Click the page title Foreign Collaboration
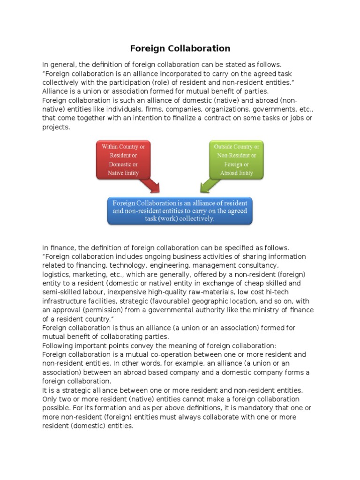tap(180, 48)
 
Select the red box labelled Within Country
tap(123, 160)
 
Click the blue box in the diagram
tap(180, 210)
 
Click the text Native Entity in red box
tap(123, 173)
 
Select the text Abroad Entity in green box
tap(236, 173)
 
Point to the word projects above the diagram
tap(56, 127)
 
